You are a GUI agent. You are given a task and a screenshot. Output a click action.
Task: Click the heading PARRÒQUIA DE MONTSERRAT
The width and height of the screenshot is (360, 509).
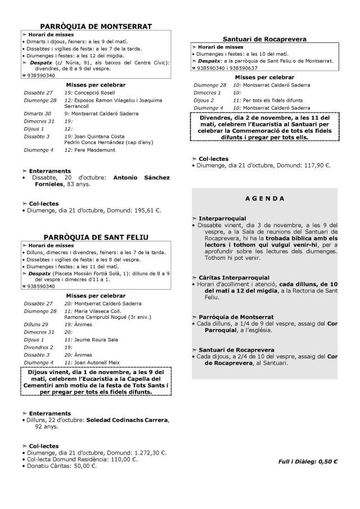[x=96, y=26]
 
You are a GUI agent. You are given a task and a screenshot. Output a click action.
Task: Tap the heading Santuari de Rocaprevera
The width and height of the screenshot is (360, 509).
[x=264, y=39]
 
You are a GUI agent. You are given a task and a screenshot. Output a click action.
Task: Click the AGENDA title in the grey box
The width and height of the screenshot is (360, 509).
[x=264, y=199]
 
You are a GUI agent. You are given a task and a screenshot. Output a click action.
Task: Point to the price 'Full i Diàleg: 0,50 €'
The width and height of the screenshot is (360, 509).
[x=308, y=462]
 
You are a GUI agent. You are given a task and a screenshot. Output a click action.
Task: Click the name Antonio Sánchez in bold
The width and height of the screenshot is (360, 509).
[x=141, y=178]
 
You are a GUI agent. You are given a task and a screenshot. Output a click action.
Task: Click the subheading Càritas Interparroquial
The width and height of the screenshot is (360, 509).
[x=234, y=277]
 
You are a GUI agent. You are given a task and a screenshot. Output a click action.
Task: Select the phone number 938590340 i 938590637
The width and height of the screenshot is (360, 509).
[x=231, y=67]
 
